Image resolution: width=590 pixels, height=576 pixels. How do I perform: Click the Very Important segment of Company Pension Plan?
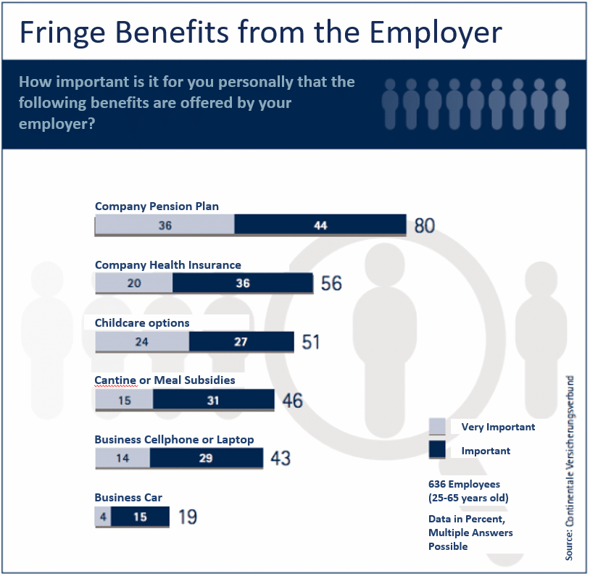coord(165,225)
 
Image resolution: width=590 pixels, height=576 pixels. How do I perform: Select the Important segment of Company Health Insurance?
coord(242,283)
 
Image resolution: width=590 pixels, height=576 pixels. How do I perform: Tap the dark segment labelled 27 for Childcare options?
coord(241,342)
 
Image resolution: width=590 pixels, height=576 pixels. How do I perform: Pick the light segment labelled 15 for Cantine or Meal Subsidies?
coord(124,400)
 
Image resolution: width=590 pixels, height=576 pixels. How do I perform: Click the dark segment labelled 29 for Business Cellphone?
coord(207,459)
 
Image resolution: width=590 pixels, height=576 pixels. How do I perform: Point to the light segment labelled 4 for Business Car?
coord(103,517)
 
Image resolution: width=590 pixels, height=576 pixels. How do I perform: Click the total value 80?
coord(425,226)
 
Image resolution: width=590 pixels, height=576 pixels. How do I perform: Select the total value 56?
coord(331,283)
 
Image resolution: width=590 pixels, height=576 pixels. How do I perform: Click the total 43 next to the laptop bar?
coord(281,458)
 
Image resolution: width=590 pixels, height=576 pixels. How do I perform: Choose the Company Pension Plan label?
coord(157,206)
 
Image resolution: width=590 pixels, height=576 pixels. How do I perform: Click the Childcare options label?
coord(142,323)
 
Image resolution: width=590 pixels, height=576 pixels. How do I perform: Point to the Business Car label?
coord(128,498)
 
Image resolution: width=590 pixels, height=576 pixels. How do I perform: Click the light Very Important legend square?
coord(437,427)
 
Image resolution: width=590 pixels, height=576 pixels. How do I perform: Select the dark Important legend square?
coord(437,451)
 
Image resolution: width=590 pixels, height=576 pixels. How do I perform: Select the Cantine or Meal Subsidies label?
coord(165,380)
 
